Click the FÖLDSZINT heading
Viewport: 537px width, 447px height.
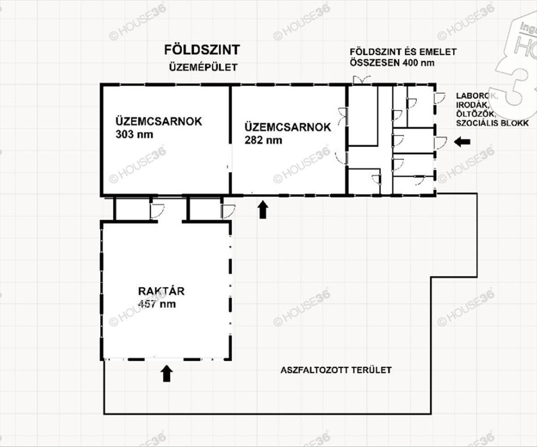(202, 50)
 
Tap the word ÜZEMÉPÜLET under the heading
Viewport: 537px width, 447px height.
(203, 67)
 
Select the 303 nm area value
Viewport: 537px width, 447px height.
(134, 135)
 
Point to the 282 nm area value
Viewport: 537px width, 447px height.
(264, 140)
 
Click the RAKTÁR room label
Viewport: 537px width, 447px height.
(161, 291)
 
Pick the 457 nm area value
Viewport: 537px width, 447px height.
(157, 304)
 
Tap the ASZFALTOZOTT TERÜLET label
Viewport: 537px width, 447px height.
(336, 370)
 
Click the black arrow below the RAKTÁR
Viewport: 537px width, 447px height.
(166, 374)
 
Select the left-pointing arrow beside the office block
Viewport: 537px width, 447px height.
(462, 142)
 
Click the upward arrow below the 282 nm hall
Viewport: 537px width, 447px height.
(263, 210)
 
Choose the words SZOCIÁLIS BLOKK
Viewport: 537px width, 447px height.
(492, 123)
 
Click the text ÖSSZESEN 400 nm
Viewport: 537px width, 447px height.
(392, 63)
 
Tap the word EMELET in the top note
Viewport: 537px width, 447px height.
(438, 52)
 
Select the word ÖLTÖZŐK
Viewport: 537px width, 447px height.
(475, 114)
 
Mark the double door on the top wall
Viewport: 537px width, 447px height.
(362, 80)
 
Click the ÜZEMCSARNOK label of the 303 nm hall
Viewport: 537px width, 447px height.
(159, 122)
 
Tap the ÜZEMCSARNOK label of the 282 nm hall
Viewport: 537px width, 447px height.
(288, 127)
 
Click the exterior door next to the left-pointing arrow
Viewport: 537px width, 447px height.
(440, 142)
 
